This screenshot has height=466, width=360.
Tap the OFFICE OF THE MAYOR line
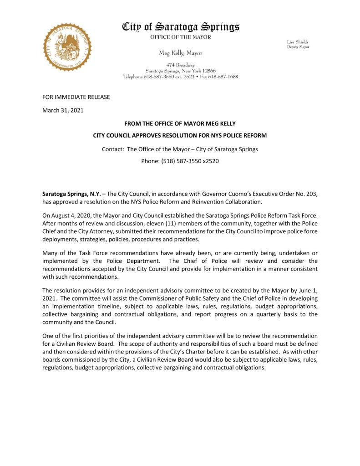pos(181,37)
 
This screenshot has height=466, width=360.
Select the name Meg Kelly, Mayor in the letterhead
pos(181,53)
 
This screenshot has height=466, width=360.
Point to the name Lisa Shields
pos(298,41)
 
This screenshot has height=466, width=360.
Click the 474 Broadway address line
pos(180,66)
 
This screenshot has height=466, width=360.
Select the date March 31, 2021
pos(63,110)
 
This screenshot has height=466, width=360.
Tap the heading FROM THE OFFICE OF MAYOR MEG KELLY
pos(180,124)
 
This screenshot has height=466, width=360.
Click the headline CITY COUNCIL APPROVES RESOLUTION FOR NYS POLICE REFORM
pos(180,136)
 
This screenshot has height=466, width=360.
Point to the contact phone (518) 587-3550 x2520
pos(180,161)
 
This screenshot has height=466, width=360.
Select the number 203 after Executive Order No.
pos(312,194)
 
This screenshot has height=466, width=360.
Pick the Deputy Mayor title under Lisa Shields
pos(298,47)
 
